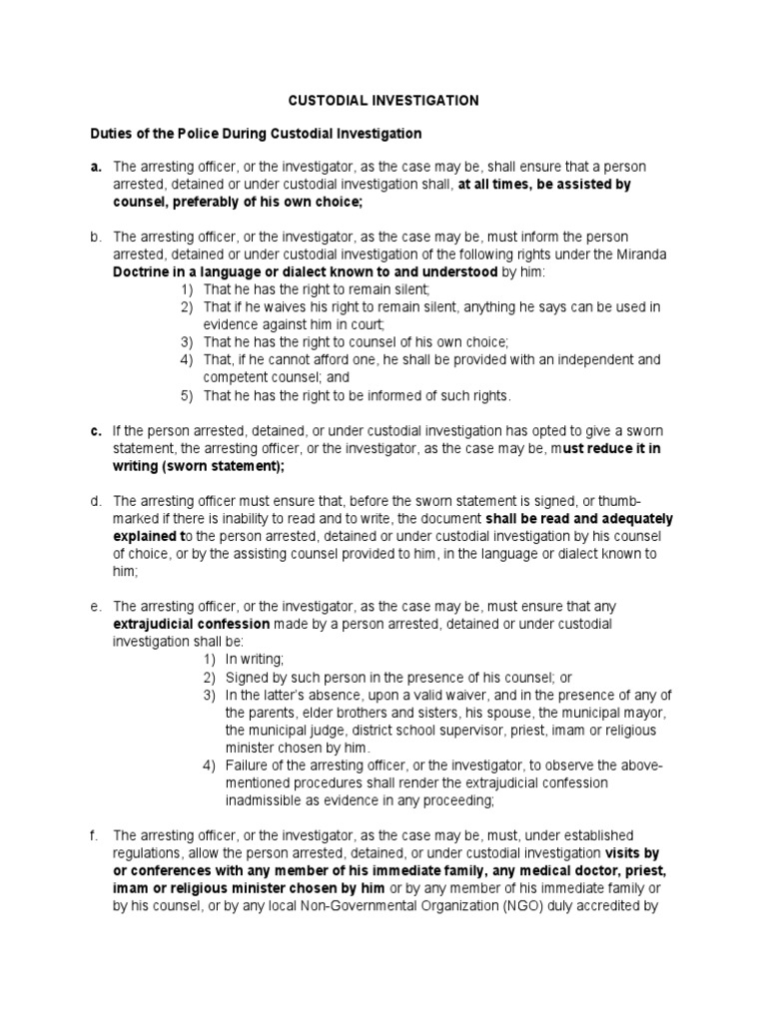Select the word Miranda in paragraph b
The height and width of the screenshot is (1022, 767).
coord(645,255)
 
